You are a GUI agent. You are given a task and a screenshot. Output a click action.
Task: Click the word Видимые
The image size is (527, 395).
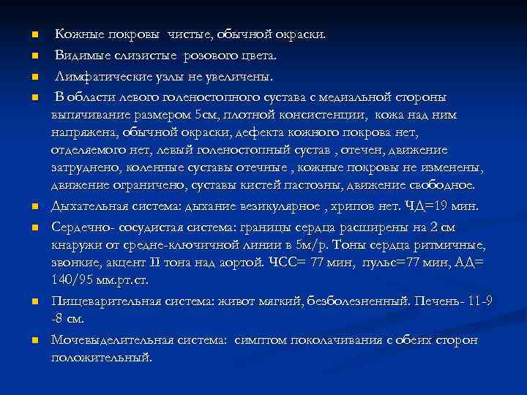(x=81, y=56)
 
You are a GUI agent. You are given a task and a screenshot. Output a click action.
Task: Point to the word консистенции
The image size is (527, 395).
(x=326, y=115)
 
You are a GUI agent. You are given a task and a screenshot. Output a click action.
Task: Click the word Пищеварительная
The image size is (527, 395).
(x=102, y=301)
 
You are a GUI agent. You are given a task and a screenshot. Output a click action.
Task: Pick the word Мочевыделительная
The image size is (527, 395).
(x=107, y=340)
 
